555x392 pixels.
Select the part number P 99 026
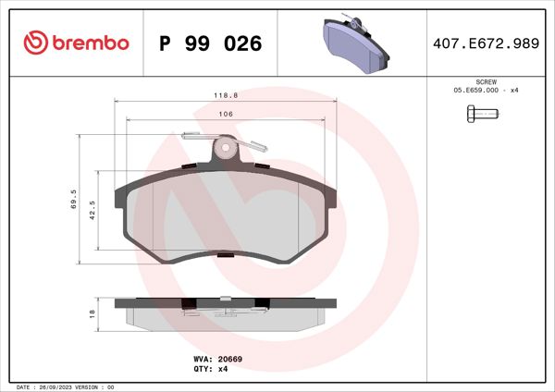[x=211, y=43]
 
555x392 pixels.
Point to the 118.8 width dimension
[x=222, y=94]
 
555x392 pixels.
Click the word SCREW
[x=485, y=81]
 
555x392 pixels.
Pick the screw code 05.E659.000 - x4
[x=485, y=90]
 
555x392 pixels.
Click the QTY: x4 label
[x=210, y=368]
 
